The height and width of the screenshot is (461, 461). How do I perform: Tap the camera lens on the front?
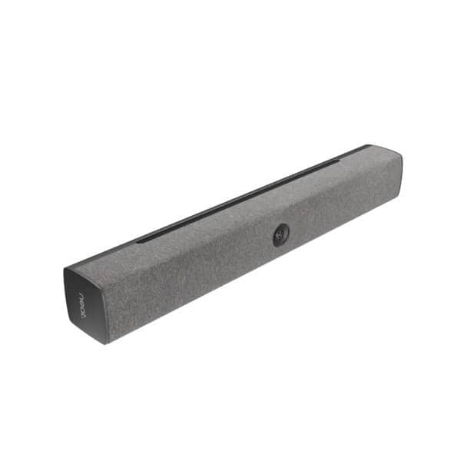tap(281, 234)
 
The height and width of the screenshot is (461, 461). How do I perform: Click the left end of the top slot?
tap(141, 241)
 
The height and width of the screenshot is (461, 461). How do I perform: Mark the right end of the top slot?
tap(338, 161)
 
